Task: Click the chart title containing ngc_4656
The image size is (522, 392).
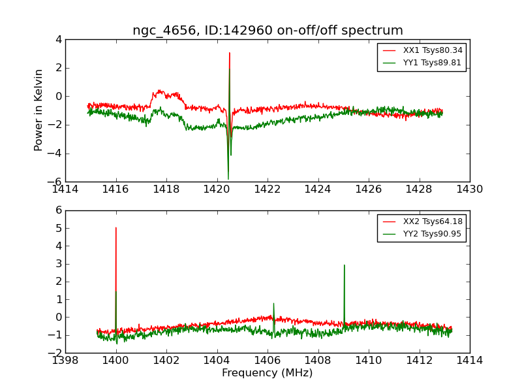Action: pos(268,31)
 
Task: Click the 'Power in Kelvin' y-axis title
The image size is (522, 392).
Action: pos(39,110)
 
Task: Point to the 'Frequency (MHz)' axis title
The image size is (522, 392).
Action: pos(268,373)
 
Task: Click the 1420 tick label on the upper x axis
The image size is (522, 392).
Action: pos(217,189)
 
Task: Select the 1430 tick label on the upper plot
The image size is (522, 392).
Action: pos(470,189)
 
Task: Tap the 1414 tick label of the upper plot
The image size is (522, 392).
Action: pos(65,189)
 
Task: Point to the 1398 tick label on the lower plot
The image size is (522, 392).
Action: pos(65,361)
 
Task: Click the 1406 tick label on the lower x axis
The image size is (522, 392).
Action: pos(268,361)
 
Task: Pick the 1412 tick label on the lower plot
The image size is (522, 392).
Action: pos(419,361)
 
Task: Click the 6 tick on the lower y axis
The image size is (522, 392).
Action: pos(57,210)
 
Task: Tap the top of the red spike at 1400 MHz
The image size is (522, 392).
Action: pos(116,228)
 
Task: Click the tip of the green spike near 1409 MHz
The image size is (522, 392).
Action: pos(344,265)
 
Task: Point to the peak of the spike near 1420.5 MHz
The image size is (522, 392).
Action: pos(230,53)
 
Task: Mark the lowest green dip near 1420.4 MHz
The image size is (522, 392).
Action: pos(228,178)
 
